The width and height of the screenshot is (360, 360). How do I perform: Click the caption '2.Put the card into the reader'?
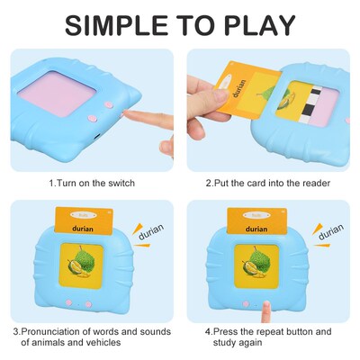point(267,183)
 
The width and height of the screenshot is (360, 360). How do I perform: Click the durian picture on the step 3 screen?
point(83,267)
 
